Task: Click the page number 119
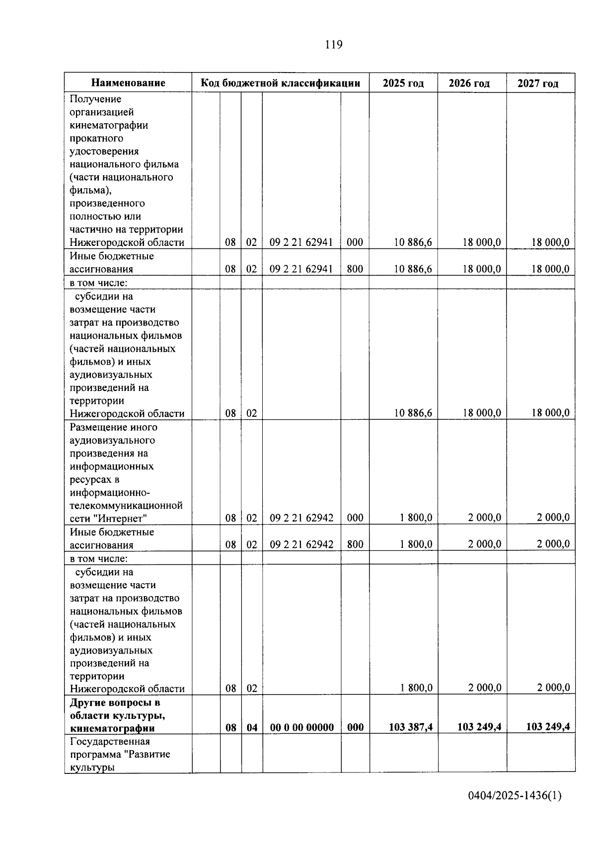pos(333,45)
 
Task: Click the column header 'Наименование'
pos(128,83)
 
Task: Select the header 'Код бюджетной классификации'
pos(280,83)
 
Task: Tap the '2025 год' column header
pos(403,83)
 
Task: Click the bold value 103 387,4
pos(410,727)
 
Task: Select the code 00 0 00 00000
pos(301,728)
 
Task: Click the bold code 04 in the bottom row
pos(252,728)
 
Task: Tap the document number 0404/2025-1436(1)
pos(515,796)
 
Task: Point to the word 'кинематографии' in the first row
pos(108,125)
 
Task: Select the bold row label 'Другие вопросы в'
pos(115,702)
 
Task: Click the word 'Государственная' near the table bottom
pos(110,742)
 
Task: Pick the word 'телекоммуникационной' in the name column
pos(126,505)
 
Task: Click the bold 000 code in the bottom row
pos(355,728)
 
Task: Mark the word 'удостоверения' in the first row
pos(104,151)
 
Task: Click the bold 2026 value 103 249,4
pos(479,727)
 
